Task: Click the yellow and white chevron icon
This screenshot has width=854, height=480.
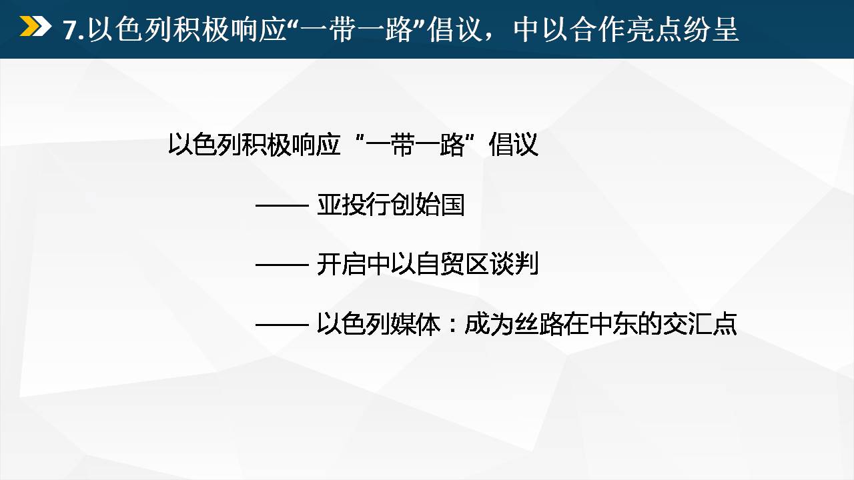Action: tap(35, 26)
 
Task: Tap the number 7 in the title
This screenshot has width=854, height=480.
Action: tap(70, 30)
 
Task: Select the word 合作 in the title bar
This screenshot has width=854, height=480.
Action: tap(597, 29)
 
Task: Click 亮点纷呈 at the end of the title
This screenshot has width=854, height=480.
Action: tap(683, 29)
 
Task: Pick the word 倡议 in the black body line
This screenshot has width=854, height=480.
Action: tap(513, 145)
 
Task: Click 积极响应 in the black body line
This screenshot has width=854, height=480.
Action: tap(291, 145)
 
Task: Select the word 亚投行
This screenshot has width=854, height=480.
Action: tap(354, 205)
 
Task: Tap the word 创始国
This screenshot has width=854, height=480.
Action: tap(428, 205)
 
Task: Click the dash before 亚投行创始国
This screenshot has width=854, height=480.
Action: tap(282, 206)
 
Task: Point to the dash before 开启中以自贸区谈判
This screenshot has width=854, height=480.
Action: tap(282, 265)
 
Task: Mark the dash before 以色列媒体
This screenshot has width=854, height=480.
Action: tap(282, 325)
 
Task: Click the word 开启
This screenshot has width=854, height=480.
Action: tap(342, 263)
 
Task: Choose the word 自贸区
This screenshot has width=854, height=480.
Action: tap(452, 263)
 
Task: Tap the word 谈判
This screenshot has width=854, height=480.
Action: tap(514, 263)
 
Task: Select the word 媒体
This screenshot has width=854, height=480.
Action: tap(416, 324)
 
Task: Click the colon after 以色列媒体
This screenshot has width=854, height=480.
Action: tap(452, 326)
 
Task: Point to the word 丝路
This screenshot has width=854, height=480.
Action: tap(539, 324)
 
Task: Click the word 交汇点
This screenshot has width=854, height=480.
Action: tap(700, 324)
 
